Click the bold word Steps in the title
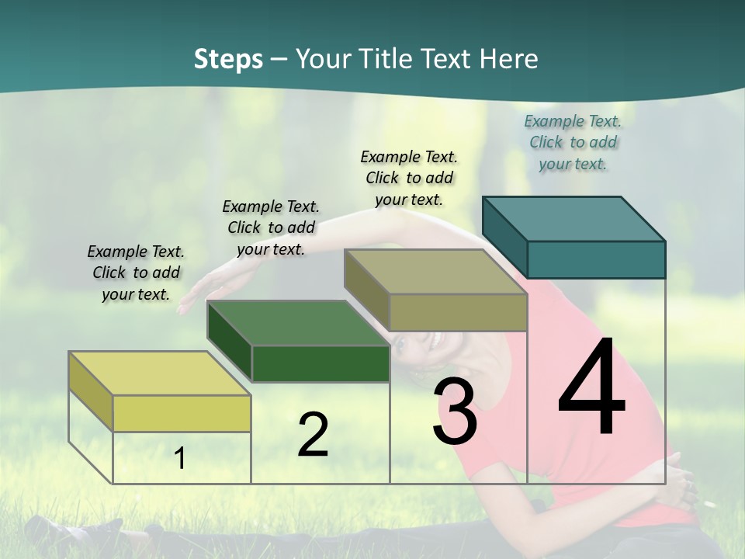228,59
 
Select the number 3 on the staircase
454,411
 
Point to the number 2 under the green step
313,435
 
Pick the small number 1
180,459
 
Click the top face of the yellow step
160,373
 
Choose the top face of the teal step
573,219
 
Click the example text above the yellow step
136,273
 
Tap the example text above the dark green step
271,227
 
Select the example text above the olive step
409,178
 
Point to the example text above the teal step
573,142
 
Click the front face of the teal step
596,259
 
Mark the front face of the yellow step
182,413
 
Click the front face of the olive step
458,312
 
